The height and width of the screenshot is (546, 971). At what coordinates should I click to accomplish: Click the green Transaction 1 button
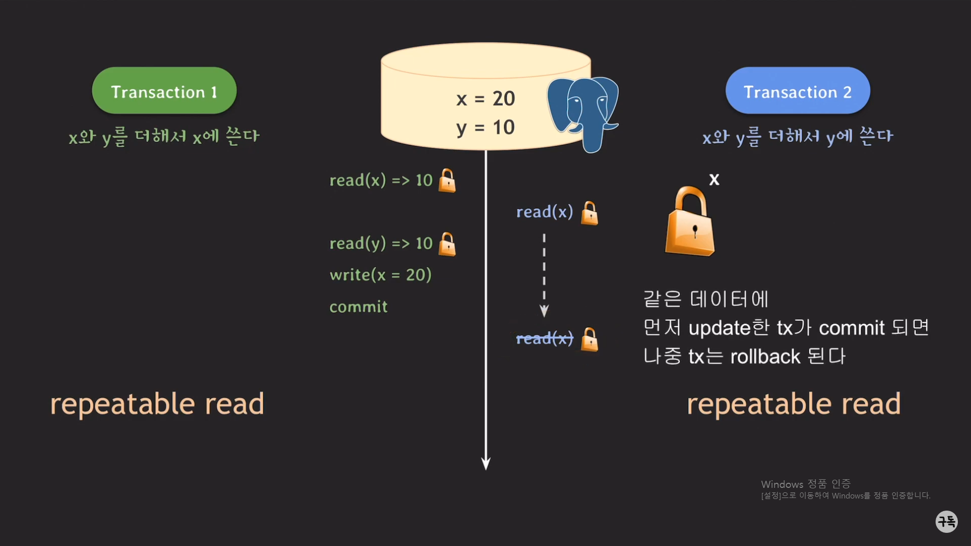click(164, 91)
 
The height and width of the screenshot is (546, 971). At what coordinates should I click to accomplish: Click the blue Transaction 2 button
click(798, 91)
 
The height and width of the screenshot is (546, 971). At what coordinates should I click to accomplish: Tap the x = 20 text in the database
click(485, 99)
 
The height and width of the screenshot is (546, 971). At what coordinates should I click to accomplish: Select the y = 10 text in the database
click(485, 127)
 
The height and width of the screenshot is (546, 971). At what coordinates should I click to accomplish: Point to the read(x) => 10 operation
click(381, 180)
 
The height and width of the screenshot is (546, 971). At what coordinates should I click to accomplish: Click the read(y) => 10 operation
click(381, 244)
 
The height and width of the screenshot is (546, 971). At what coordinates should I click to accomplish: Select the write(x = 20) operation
click(380, 275)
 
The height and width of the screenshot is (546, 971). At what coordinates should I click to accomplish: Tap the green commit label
click(359, 307)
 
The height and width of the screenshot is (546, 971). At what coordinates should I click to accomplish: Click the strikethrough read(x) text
click(545, 339)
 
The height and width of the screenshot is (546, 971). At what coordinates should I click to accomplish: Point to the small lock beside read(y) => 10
click(447, 244)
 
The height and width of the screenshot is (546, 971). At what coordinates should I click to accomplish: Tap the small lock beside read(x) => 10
click(447, 181)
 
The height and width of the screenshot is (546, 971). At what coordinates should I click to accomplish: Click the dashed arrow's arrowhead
click(544, 311)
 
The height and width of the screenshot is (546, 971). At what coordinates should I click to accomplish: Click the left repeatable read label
click(157, 404)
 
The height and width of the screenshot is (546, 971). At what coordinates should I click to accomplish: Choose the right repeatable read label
click(793, 404)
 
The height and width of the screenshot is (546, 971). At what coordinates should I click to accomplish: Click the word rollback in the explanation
click(765, 357)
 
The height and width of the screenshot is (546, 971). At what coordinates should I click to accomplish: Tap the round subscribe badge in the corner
click(946, 521)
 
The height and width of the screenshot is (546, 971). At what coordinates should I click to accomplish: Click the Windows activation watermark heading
click(806, 484)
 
